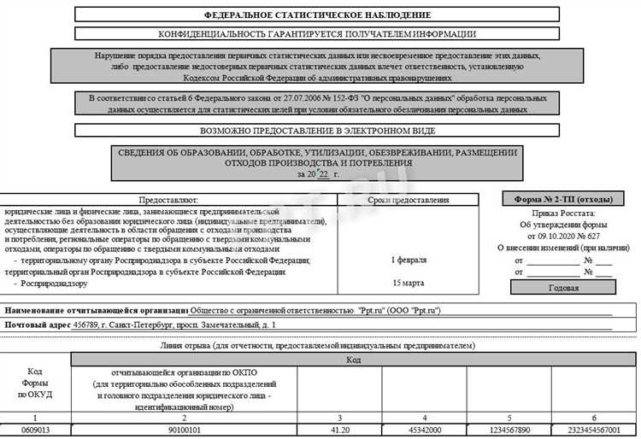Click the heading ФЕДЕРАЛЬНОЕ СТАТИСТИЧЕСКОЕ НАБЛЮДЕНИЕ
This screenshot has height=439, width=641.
(318, 15)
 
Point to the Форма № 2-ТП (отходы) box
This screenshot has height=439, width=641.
(569, 199)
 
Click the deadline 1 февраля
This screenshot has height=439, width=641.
(408, 259)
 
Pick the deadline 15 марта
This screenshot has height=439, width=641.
(408, 282)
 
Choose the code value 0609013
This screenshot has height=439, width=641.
(36, 430)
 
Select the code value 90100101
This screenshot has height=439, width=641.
(184, 430)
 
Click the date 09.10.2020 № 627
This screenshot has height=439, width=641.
(569, 235)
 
